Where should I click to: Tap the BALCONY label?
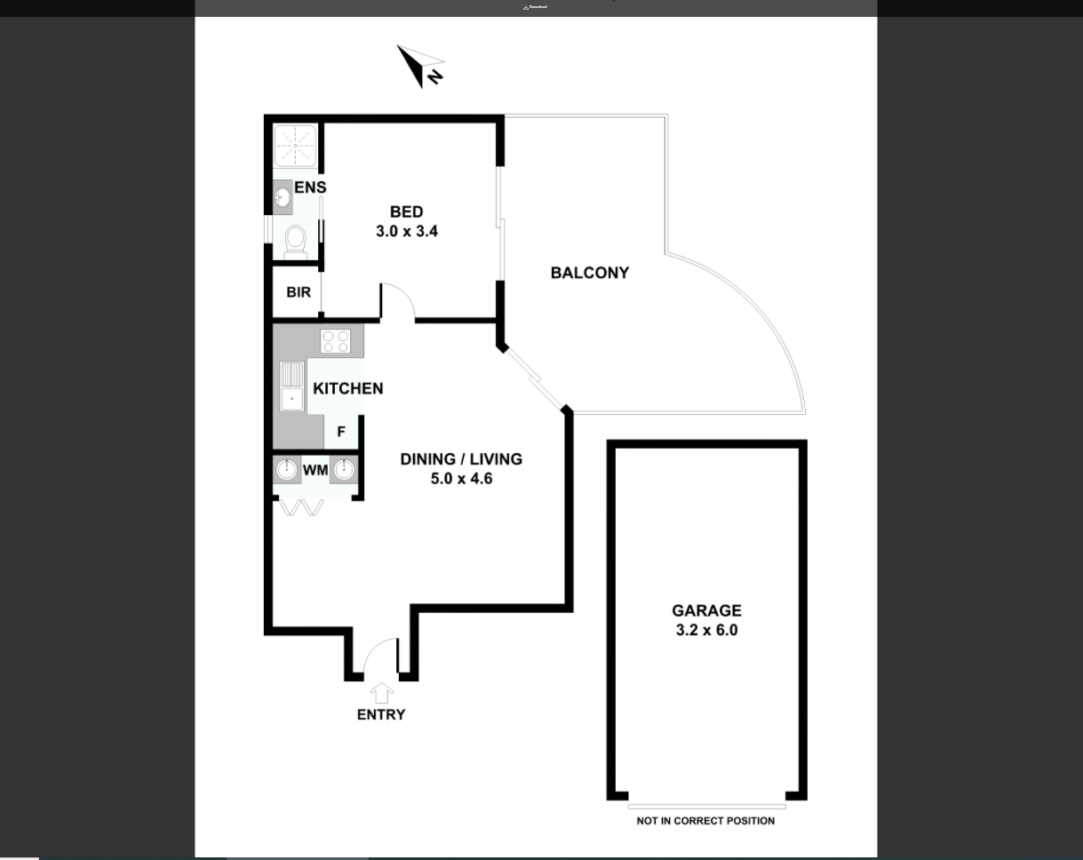[590, 273]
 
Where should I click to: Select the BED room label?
[407, 211]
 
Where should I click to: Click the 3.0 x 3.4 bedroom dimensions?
[407, 231]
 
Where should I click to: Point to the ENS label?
[310, 187]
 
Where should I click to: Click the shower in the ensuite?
[295, 146]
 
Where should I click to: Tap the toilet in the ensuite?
[295, 242]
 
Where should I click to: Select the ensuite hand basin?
[283, 197]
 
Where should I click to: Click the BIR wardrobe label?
[299, 292]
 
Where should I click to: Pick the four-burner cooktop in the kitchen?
[336, 340]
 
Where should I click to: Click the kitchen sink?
[292, 386]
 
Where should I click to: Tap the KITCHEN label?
[347, 388]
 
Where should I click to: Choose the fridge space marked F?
[341, 432]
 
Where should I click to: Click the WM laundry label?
[315, 471]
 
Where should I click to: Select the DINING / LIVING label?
[461, 459]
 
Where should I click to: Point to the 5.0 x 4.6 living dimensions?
[461, 479]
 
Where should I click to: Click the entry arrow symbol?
[381, 693]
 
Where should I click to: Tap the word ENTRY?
[381, 714]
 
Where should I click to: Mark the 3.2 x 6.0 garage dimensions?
[706, 630]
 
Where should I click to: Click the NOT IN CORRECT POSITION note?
[705, 821]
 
